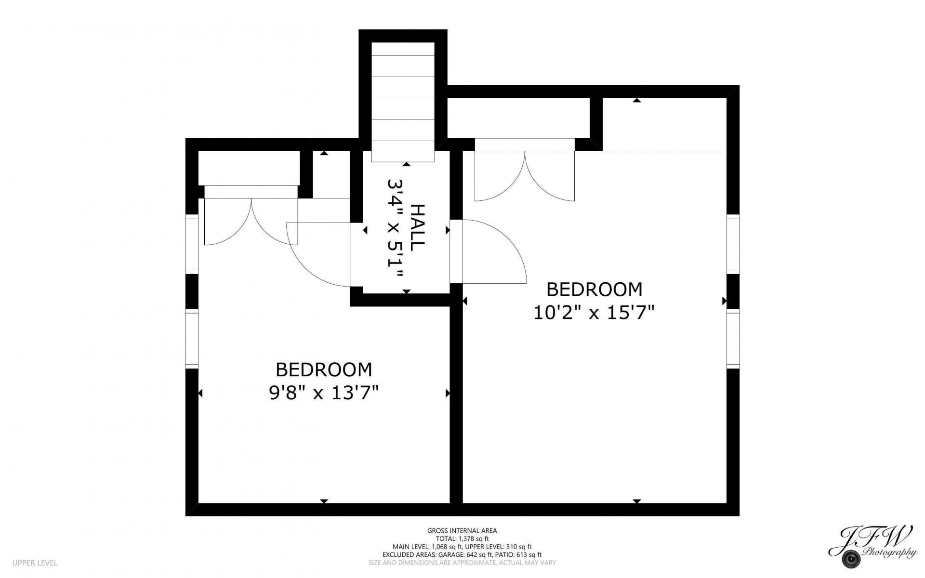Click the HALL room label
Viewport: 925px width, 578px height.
pos(418,227)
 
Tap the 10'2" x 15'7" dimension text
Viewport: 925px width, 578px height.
pos(594,314)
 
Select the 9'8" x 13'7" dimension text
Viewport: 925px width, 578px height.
pos(324,394)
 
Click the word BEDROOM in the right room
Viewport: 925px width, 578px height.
pos(594,289)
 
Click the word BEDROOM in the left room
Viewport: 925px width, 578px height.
pos(324,369)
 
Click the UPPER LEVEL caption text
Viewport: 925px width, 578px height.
pos(35,563)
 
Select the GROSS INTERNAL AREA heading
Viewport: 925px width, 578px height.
pos(462,531)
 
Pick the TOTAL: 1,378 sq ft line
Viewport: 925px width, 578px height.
pos(462,539)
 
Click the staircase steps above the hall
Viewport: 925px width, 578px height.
pos(403,102)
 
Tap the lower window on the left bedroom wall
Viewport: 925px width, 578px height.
pos(192,339)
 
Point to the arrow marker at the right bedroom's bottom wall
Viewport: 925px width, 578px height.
pos(637,501)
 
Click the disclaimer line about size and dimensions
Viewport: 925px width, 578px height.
pos(462,563)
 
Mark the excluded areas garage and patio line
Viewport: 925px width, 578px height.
pos(462,555)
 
